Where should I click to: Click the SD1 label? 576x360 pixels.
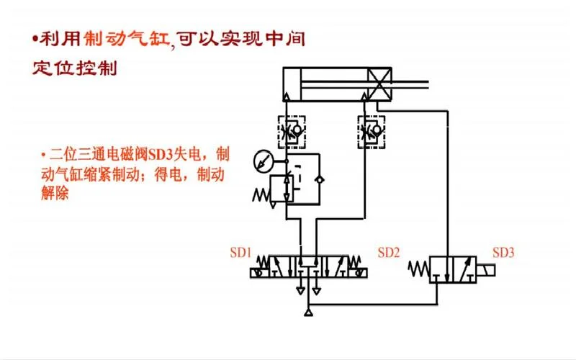click(240, 253)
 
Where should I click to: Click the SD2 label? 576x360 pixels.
click(388, 253)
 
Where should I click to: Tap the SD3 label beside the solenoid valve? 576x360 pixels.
click(503, 253)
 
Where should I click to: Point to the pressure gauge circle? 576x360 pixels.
click(264, 161)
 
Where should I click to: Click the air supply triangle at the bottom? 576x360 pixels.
click(309, 312)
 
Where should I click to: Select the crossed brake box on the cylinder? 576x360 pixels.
click(379, 84)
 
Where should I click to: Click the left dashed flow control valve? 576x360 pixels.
click(292, 132)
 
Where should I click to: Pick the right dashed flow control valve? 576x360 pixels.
click(372, 132)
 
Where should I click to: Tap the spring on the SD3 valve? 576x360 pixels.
click(419, 269)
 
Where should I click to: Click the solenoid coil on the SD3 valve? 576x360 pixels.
click(485, 271)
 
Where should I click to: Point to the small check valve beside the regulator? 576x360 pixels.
click(320, 179)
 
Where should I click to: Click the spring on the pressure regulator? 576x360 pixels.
click(261, 194)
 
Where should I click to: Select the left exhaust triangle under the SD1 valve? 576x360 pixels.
click(300, 291)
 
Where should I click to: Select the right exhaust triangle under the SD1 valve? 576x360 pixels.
click(316, 291)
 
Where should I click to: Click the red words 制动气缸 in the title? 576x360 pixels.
click(127, 39)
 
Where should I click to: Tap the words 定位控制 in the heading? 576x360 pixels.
click(75, 68)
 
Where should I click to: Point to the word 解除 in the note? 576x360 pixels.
click(55, 193)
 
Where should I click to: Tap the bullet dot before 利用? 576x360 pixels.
click(35, 39)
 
